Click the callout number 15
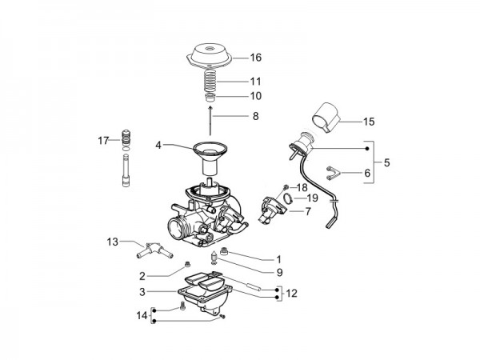369,122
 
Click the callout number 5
387,163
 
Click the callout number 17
103,141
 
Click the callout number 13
113,241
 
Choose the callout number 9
278,272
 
